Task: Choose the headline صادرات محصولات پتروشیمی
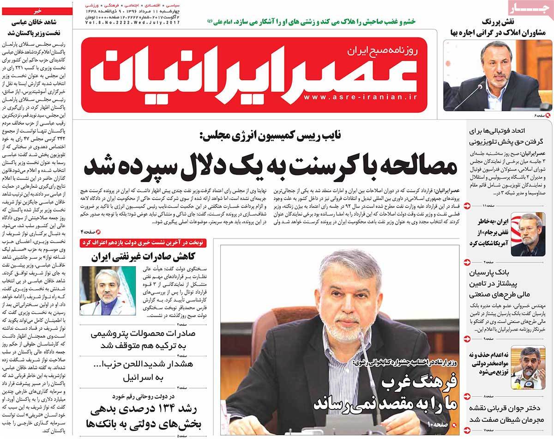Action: click(148, 340)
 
